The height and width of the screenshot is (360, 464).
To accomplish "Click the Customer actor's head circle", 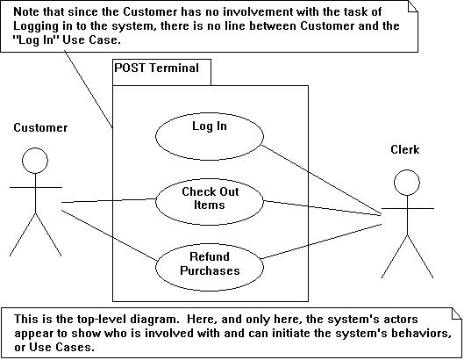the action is tap(35, 148).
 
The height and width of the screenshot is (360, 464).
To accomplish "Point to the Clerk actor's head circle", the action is tap(407, 170).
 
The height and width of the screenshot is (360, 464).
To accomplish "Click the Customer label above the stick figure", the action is tap(40, 127).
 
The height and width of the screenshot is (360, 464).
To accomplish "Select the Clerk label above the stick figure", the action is tap(405, 149).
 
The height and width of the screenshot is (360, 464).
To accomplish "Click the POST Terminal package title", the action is tap(156, 68).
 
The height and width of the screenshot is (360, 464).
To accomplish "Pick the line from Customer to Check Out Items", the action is tap(109, 200).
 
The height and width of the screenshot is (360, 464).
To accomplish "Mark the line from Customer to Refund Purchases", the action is tap(110, 235).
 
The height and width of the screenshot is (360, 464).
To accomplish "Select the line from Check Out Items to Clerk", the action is tap(322, 208).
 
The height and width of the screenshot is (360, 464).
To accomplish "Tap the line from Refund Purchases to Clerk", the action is tap(321, 241).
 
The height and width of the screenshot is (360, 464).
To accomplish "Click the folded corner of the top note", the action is tap(413, 6).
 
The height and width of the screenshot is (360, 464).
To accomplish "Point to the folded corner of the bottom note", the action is tap(456, 313).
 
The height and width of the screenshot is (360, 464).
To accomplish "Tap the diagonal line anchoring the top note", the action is tap(89, 90).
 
